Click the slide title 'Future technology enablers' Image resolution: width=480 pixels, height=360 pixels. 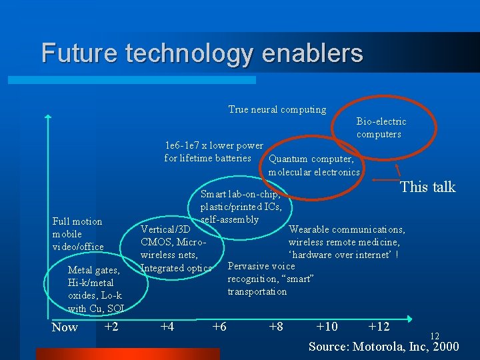pyautogui.click(x=202, y=53)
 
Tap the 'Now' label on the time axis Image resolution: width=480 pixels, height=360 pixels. pyautogui.click(x=65, y=327)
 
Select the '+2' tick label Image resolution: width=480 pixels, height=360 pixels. pyautogui.click(x=111, y=326)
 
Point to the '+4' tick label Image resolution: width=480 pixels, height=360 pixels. pyautogui.click(x=167, y=326)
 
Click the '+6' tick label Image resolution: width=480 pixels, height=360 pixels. pyautogui.click(x=219, y=326)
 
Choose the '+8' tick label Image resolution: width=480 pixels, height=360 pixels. pyautogui.click(x=275, y=326)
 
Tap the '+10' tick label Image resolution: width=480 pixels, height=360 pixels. pyautogui.click(x=327, y=326)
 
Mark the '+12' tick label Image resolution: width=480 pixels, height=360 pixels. pyautogui.click(x=379, y=326)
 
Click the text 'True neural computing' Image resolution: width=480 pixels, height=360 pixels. pyautogui.click(x=277, y=109)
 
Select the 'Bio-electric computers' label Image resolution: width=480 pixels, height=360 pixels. pyautogui.click(x=381, y=127)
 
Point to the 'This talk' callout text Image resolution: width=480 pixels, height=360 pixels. pyautogui.click(x=427, y=187)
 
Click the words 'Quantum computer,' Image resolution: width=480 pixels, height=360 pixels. pyautogui.click(x=311, y=159)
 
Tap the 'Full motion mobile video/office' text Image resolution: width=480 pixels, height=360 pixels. pyautogui.click(x=78, y=234)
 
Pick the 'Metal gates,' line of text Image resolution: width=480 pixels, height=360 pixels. pyautogui.click(x=94, y=270)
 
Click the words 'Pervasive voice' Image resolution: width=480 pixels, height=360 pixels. pyautogui.click(x=261, y=266)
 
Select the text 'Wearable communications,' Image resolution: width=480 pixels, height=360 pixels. pyautogui.click(x=347, y=229)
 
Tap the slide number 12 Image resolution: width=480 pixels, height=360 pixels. pyautogui.click(x=435, y=336)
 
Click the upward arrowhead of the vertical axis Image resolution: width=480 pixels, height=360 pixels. pyautogui.click(x=48, y=119)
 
